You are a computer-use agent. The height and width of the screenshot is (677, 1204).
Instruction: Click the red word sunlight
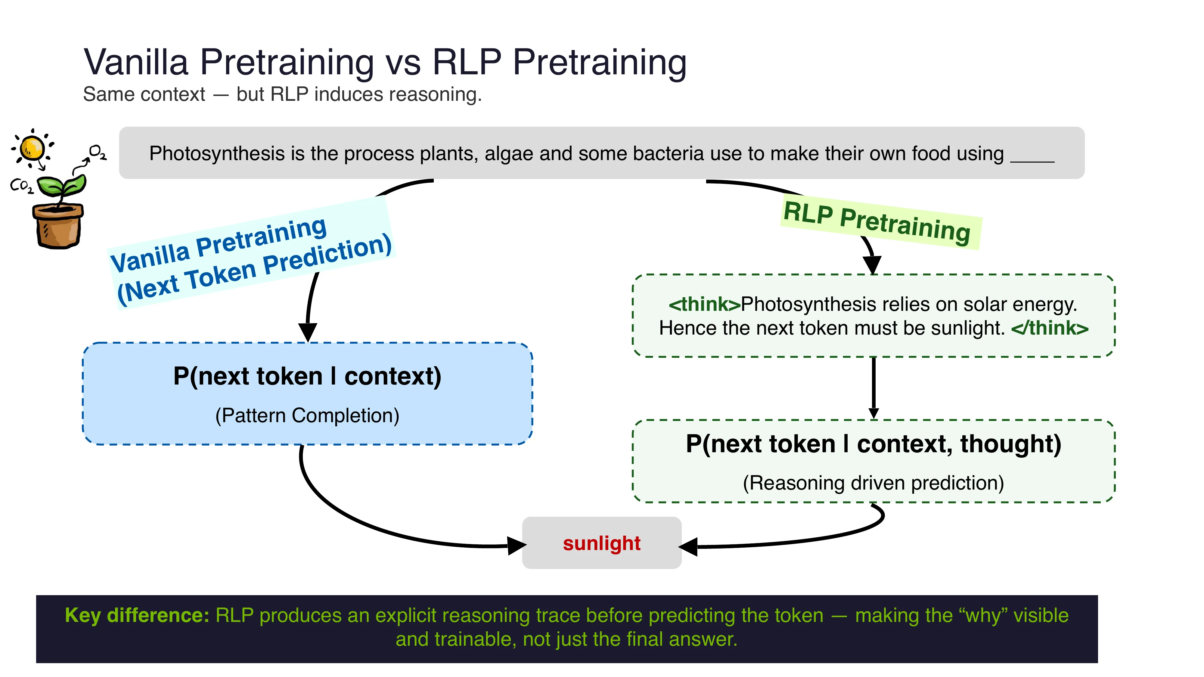pyautogui.click(x=601, y=543)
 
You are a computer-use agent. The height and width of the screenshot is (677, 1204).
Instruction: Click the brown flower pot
pyautogui.click(x=58, y=227)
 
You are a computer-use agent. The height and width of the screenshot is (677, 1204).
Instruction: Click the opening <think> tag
pyautogui.click(x=704, y=304)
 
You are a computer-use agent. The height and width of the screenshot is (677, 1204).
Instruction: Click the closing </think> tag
pyautogui.click(x=1049, y=328)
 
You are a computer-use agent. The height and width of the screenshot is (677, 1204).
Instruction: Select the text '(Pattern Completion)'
pyautogui.click(x=307, y=415)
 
